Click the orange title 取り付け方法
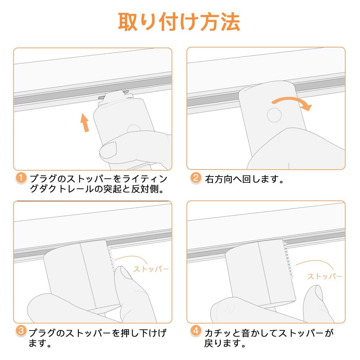tap(179, 22)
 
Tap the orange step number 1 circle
tap(21, 178)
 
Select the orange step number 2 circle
tap(196, 178)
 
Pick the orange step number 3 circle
tap(21, 331)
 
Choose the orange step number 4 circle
tap(196, 331)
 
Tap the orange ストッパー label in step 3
tap(151, 269)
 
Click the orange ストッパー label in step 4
tap(324, 276)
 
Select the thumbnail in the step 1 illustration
tap(109, 150)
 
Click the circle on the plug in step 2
tap(274, 115)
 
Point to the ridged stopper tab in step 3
tap(111, 259)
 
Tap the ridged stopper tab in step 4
tap(288, 260)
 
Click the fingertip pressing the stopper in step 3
tap(123, 273)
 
